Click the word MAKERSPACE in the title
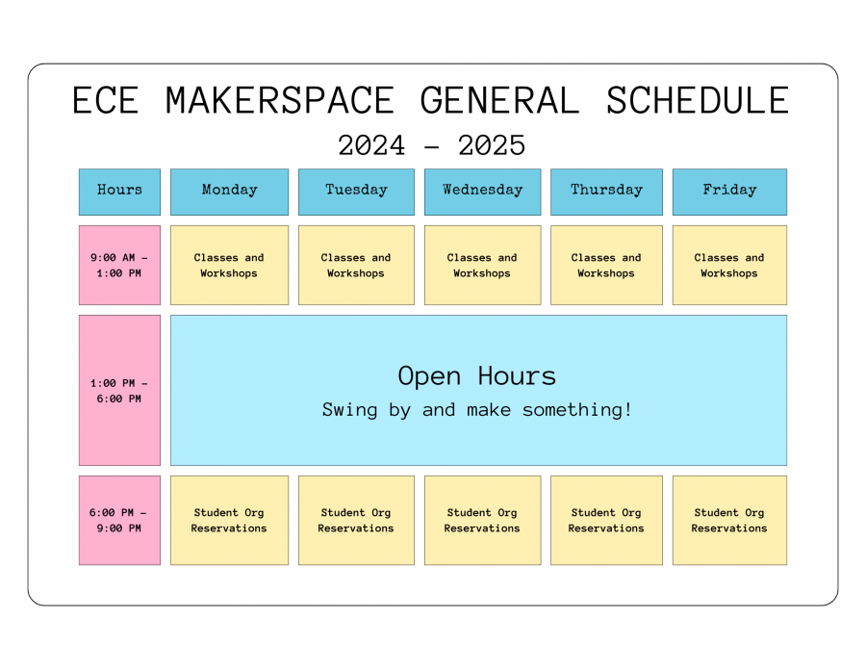(280, 100)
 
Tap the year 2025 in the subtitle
(492, 146)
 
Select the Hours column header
(120, 192)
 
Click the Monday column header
(229, 192)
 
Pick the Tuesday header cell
(356, 192)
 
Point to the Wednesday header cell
(483, 192)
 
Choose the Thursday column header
(606, 192)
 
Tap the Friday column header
(729, 192)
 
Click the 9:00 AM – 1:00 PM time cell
(120, 265)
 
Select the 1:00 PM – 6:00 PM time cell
(120, 391)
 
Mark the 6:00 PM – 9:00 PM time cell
(120, 521)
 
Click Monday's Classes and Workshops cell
(229, 265)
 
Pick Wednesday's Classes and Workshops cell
(483, 265)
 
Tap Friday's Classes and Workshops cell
(729, 265)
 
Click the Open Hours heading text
(477, 376)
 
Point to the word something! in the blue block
(577, 410)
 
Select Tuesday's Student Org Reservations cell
(356, 521)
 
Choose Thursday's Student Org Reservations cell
(606, 521)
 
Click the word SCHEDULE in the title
(698, 100)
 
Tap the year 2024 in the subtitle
(371, 146)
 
